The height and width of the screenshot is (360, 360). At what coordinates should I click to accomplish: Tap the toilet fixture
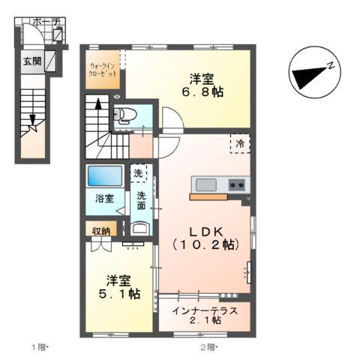point(124,115)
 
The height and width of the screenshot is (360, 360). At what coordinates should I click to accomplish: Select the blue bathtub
point(103,176)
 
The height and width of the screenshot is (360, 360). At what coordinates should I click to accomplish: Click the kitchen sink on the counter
point(206,184)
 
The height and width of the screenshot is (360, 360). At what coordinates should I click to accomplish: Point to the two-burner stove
point(237,184)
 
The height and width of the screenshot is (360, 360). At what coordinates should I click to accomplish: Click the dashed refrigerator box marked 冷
point(240,142)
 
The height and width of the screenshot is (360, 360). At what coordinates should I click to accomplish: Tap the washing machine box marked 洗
point(138,173)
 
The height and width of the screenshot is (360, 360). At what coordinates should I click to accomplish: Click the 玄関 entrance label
point(31,59)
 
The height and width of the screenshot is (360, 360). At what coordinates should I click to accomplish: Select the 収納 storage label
point(102,231)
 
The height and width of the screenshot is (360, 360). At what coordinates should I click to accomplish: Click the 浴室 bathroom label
point(104,199)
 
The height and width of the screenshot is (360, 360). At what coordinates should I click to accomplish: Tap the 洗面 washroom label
point(140,201)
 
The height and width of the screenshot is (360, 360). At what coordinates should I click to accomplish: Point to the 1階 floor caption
point(40,346)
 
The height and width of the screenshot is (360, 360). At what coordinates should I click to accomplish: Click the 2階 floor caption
point(208,346)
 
